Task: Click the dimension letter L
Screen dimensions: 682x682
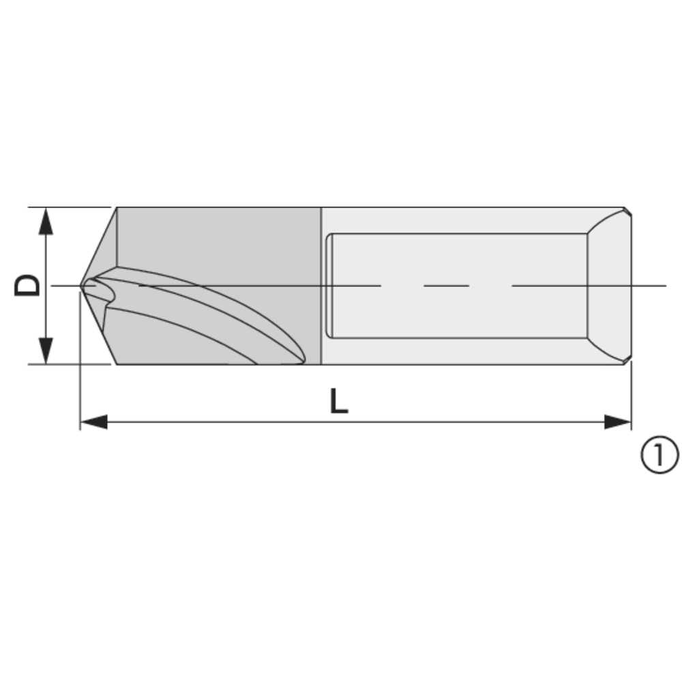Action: coord(339,401)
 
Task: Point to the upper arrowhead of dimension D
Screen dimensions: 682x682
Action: coord(46,221)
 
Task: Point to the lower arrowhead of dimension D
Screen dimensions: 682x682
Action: coord(46,350)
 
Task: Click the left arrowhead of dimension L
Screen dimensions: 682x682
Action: coord(94,422)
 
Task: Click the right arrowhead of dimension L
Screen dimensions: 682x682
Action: coord(618,422)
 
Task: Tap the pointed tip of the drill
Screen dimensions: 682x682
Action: coord(82,285)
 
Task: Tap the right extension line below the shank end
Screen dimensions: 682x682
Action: coord(631,396)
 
